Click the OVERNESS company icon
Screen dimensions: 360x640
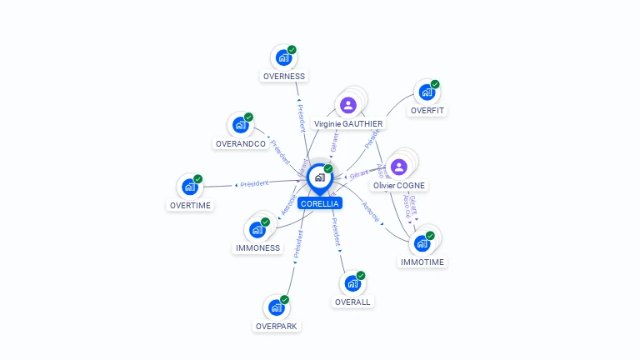coord(283,58)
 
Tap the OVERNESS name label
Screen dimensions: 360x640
coord(284,76)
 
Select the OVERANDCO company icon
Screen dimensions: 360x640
coord(240,126)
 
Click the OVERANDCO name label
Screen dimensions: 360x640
coord(241,143)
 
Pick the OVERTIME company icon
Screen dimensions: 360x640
coord(189,187)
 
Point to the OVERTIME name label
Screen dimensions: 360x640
coord(190,205)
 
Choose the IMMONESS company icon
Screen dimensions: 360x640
coord(257,230)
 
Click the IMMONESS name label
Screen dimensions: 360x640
coord(257,247)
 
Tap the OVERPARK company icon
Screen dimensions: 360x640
coord(276,308)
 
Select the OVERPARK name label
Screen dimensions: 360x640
coord(277,326)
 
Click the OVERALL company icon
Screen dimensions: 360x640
coord(352,284)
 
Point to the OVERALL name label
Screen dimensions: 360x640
coord(352,302)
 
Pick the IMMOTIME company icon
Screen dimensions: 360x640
coord(422,244)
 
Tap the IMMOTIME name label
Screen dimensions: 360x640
coord(422,262)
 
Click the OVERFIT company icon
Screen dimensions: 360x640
coord(427,92)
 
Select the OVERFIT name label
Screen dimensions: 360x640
coord(427,110)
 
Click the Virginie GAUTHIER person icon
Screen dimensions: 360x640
coord(348,105)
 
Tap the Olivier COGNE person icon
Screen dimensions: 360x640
coord(398,167)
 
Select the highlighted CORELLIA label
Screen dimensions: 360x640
coord(320,203)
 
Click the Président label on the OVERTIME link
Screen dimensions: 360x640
coord(254,183)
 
